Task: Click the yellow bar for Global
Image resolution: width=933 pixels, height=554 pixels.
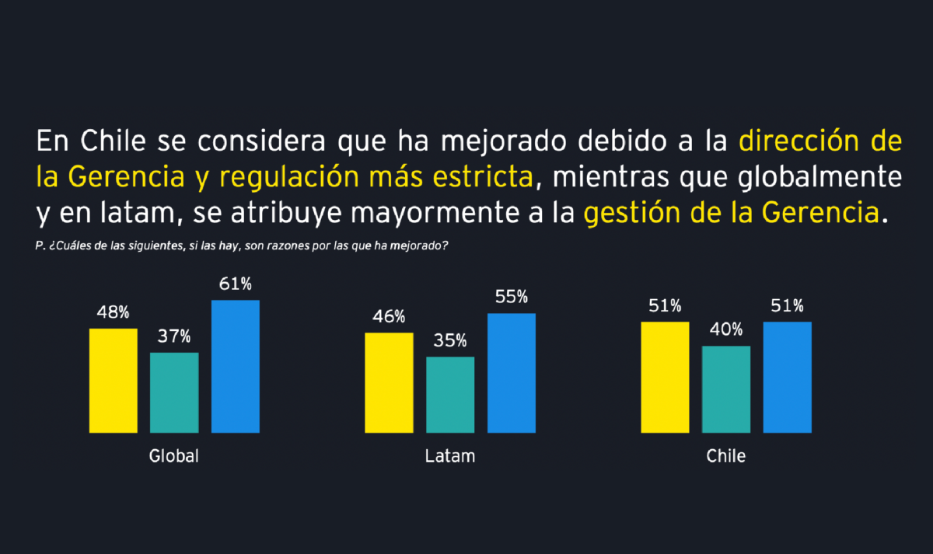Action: click(114, 380)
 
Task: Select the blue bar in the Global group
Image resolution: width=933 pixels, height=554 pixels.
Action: click(236, 366)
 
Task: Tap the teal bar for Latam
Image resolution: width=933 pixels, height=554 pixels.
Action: click(450, 394)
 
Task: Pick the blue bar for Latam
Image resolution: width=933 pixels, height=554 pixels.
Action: click(512, 373)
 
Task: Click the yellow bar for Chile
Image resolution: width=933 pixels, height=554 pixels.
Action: click(665, 377)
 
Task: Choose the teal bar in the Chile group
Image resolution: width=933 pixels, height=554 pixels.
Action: click(726, 388)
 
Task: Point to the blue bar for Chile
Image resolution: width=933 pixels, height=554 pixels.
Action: click(788, 377)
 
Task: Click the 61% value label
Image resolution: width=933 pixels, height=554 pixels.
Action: click(236, 284)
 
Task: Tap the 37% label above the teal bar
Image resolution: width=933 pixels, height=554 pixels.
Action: click(175, 337)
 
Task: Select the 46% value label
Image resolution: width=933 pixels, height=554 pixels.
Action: click(389, 317)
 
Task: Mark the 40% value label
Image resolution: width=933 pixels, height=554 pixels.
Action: click(726, 330)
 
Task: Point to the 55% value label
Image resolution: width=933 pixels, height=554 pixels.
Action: click(512, 298)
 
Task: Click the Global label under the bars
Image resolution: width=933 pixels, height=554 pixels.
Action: click(174, 456)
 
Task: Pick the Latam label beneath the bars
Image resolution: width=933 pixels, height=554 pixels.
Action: click(450, 456)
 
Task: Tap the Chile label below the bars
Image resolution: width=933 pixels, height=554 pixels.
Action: click(726, 456)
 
